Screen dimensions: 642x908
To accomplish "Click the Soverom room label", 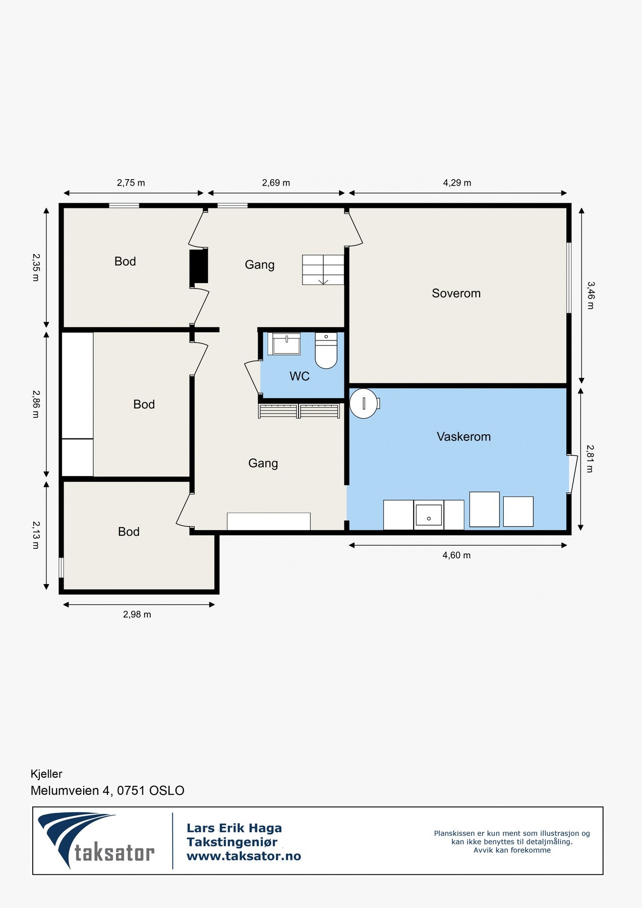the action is pos(456,293).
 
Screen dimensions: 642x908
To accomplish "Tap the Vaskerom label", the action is pos(463,436).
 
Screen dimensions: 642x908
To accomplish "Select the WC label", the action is pos(300,376).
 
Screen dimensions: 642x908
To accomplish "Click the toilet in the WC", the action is pos(326,350).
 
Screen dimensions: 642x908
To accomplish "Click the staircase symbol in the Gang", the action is pos(323,270).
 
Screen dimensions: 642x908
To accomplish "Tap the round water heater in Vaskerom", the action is pos(364,403).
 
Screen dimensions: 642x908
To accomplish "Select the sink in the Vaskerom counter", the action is pos(429,515).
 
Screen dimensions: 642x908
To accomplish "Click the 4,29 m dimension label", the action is pos(457,183).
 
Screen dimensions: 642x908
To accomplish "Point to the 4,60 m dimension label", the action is pos(456,555).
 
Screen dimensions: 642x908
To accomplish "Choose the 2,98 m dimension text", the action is pos(137,614).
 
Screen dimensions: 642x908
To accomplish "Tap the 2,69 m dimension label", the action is pos(276,183).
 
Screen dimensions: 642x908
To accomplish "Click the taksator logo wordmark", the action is pos(114,853).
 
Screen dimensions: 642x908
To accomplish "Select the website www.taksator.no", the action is pos(244,856).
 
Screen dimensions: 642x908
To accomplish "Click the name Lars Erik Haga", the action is pos(234,828).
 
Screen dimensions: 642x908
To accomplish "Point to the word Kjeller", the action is pos(46,774).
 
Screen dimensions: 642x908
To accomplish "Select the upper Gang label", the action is pos(260,265).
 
